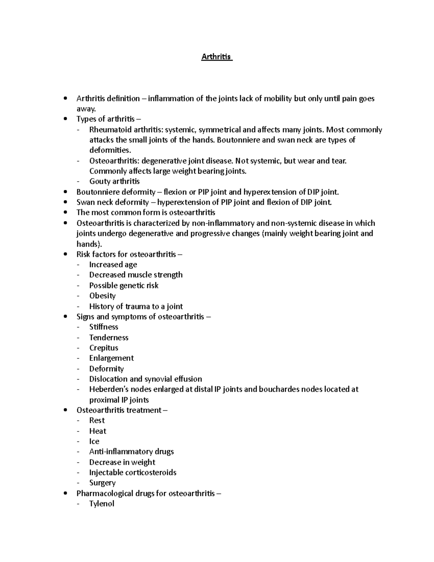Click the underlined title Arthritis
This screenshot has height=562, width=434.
click(x=216, y=57)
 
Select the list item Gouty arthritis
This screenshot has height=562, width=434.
click(x=114, y=181)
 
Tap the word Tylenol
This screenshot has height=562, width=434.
click(x=102, y=504)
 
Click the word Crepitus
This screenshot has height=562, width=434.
click(x=104, y=348)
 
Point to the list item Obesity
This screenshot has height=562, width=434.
click(x=102, y=296)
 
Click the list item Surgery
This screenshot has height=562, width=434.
click(x=102, y=483)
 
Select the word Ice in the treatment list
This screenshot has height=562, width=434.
click(x=94, y=441)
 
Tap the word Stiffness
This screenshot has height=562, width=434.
click(x=104, y=327)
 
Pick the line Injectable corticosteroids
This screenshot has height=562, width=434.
click(x=133, y=473)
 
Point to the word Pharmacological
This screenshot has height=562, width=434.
click(x=105, y=494)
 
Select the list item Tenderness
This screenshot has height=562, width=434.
click(x=109, y=338)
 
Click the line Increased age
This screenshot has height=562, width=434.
click(x=113, y=265)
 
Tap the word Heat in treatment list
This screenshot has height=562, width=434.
click(x=98, y=431)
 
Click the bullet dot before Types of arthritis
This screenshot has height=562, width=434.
click(x=65, y=119)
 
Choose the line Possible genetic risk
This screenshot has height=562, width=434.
click(x=124, y=286)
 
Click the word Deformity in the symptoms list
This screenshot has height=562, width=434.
click(x=106, y=369)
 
